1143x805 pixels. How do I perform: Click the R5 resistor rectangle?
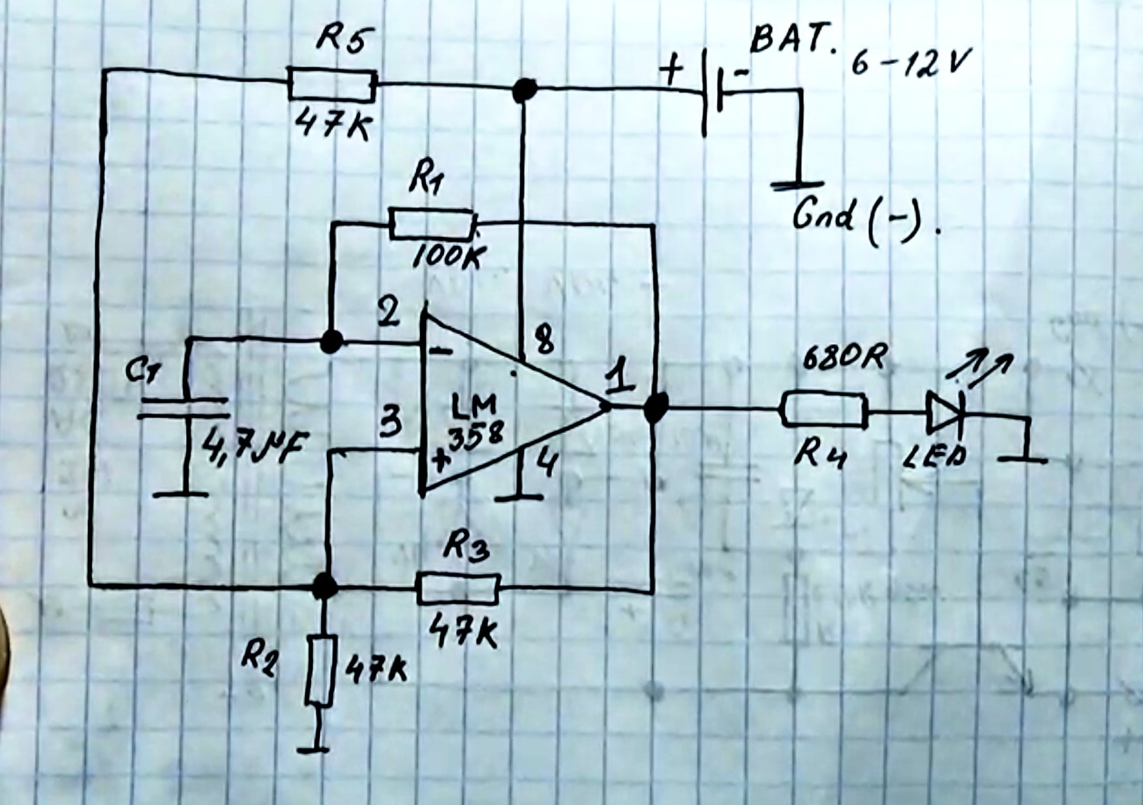332,86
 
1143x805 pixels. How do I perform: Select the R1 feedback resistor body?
432,224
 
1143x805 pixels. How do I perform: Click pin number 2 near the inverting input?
389,314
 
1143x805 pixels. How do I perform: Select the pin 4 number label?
547,464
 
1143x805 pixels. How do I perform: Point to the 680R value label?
844,357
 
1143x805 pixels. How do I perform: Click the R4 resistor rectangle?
825,409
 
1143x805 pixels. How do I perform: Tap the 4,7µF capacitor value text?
254,449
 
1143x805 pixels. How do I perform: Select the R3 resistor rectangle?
458,588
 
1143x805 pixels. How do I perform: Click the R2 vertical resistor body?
320,669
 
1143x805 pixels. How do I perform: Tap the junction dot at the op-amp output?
655,408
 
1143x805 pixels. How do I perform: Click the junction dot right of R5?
525,89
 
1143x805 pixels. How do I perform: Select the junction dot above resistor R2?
324,586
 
